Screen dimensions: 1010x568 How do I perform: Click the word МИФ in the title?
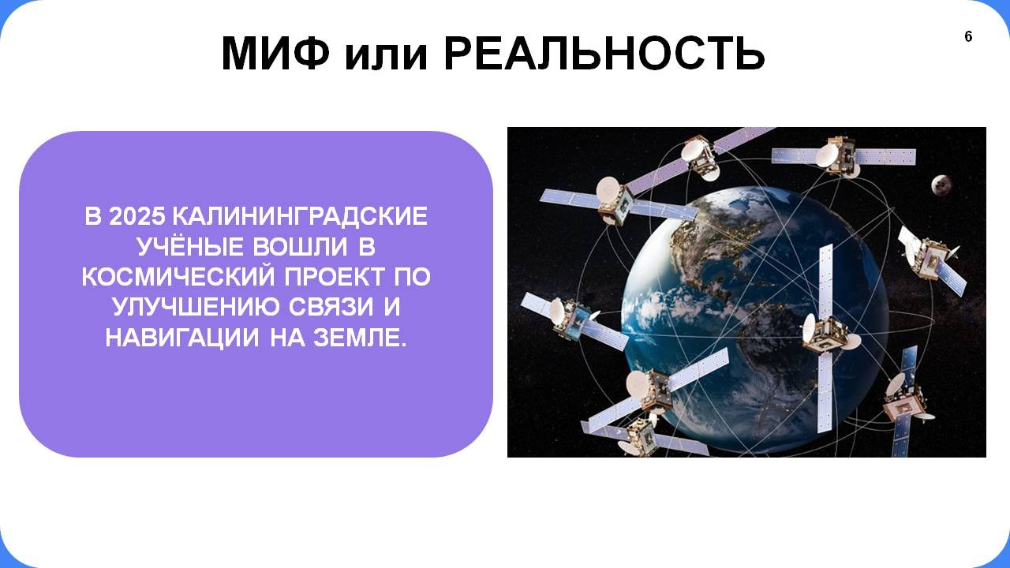coord(275,53)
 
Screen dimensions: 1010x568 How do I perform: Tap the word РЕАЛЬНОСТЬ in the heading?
coord(604,53)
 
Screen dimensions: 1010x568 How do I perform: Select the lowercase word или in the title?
coord(386,56)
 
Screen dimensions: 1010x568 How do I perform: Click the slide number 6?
coord(968,36)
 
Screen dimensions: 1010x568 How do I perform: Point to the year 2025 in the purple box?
coord(137,216)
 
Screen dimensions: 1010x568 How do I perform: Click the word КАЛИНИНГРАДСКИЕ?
coord(301,216)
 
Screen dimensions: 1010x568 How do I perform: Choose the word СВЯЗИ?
coord(331,307)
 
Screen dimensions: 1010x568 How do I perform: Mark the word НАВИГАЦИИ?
coord(182,338)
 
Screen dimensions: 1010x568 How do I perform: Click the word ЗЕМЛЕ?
coord(360,338)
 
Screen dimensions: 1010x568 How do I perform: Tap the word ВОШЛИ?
coord(301,247)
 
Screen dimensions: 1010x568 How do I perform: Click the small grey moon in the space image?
coord(941,185)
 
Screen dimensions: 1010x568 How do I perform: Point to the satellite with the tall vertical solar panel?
coord(826,338)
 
